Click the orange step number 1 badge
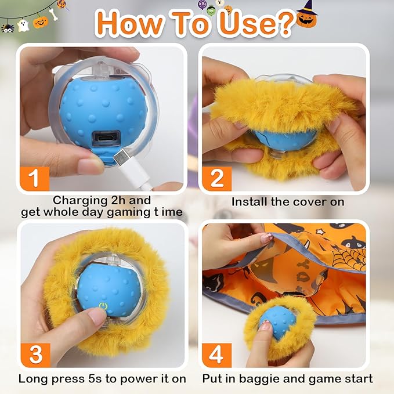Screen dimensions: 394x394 [35, 178]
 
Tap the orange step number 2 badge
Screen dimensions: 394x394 [216, 178]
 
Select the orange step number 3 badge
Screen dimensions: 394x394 [35, 354]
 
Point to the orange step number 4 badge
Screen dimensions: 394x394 [216, 354]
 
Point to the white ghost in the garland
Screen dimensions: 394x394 [23, 25]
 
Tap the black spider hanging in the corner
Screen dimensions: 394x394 [7, 27]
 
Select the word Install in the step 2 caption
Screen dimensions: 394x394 [250, 202]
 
